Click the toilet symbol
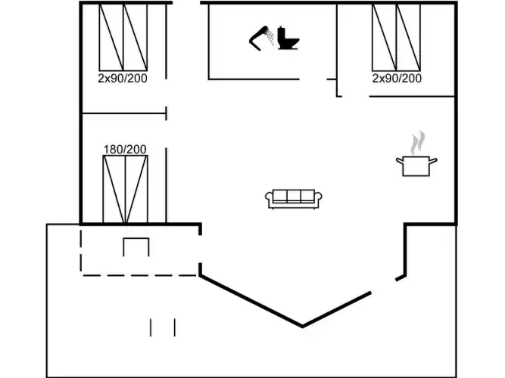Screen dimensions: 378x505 286,39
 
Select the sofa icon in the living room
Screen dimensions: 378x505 295,198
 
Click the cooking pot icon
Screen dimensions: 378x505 416,166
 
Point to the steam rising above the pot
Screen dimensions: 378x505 417,142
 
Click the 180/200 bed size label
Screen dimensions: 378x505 125,149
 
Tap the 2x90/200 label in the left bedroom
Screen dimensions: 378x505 123,78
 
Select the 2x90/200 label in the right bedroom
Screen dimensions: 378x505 397,78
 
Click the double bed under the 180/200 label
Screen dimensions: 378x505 126,189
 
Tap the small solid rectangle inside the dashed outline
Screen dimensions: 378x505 136,247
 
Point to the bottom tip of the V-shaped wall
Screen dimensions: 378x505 303,327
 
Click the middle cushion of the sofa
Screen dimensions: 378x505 295,197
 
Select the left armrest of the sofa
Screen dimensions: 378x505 269,199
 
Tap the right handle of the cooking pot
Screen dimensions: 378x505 435,160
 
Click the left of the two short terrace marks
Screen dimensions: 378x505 151,327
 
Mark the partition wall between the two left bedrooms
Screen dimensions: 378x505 123,114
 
